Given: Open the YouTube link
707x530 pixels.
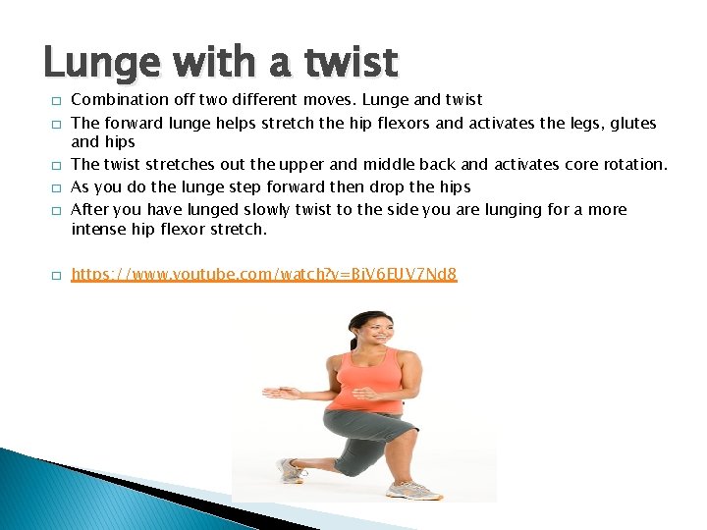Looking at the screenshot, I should tap(264, 275).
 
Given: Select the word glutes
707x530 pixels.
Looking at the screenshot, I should tap(632, 123).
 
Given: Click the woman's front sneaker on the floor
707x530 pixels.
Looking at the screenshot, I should tap(412, 488).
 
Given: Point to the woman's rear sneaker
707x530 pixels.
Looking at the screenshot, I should tap(292, 471).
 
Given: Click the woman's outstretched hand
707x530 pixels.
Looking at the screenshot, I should tap(280, 393).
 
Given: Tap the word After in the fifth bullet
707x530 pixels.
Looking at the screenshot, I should tap(90, 209).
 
